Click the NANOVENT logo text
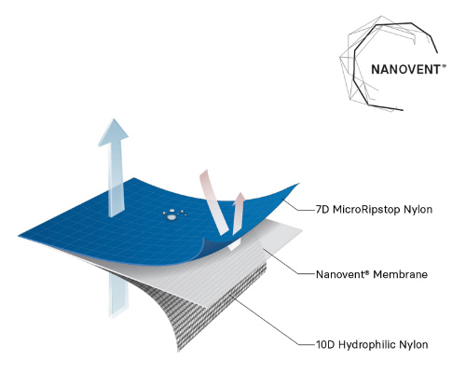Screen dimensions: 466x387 [405, 69]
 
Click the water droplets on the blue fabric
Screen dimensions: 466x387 [174, 214]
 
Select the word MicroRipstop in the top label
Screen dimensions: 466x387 [366, 210]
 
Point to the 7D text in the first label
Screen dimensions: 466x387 [322, 210]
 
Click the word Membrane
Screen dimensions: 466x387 [400, 274]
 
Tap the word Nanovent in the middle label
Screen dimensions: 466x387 [341, 274]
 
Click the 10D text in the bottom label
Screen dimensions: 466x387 [325, 345]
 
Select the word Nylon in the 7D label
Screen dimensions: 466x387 [418, 210]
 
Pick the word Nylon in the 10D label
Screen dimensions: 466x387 [414, 345]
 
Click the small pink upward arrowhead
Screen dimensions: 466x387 [240, 199]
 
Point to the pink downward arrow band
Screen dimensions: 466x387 [213, 202]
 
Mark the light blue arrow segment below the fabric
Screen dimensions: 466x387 [118, 296]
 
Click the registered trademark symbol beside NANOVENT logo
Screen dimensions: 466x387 [444, 65]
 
